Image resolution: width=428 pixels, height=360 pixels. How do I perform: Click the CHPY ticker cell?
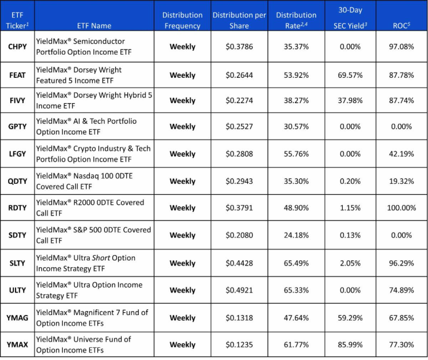pos(17,47)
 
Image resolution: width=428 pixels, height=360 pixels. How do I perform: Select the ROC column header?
pos(402,25)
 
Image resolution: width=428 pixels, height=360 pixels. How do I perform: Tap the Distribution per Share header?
pos(239,20)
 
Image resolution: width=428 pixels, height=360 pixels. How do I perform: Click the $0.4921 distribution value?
pos(239,290)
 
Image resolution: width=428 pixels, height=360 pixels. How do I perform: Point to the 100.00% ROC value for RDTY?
pos(402,208)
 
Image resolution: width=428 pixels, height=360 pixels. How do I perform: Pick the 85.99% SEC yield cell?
pos(350,344)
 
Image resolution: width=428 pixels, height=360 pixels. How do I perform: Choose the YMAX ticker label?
pos(17,344)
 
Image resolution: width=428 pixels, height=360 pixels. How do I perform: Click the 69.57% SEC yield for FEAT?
pos(350,75)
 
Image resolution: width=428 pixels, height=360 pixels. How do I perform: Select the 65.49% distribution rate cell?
pos(296,263)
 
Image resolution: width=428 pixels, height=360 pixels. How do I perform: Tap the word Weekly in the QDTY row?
pos(183,181)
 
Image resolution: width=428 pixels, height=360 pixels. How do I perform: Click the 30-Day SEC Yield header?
pos(350,18)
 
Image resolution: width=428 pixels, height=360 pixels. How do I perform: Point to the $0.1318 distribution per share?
pos(239,318)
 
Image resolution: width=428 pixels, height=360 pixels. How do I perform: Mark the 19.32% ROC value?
pos(402,181)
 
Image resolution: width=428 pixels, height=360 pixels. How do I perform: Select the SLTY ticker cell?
pos(17,263)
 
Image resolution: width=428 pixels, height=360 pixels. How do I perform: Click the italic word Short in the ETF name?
pos(101,258)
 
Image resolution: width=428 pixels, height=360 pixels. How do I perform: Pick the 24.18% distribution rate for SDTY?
pos(296,235)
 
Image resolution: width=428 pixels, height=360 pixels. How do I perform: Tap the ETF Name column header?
pos(94,26)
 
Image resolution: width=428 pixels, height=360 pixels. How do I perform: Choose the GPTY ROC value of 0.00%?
pos(402,127)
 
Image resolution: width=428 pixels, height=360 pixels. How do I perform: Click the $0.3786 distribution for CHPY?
pos(239,47)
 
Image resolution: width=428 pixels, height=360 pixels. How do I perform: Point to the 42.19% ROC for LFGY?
pos(402,154)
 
